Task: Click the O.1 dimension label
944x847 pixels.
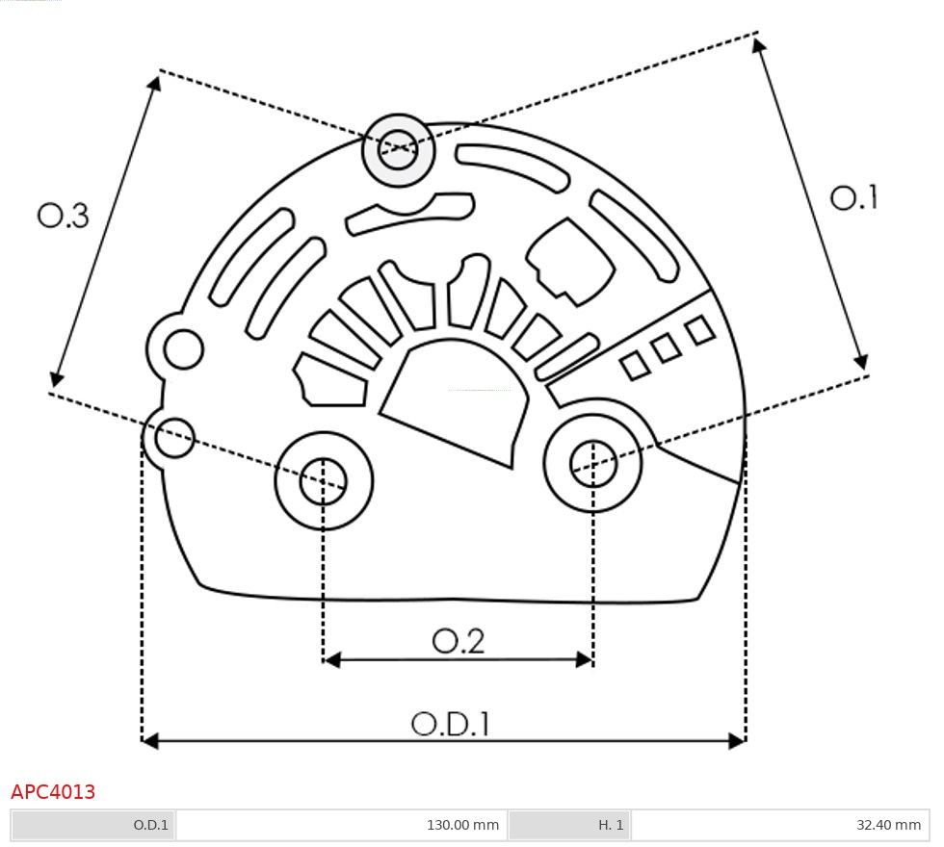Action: click(x=853, y=198)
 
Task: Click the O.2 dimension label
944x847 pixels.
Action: click(x=458, y=641)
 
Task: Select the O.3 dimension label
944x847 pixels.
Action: click(x=64, y=216)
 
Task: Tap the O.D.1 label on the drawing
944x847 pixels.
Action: click(x=451, y=724)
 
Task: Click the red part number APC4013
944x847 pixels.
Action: click(x=53, y=792)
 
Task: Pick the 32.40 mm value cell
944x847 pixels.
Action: click(x=780, y=825)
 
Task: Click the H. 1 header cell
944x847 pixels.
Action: click(x=569, y=825)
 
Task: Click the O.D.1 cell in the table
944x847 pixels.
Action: click(x=93, y=825)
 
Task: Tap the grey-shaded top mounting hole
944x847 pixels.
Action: click(x=398, y=149)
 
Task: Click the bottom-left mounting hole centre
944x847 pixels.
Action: click(x=324, y=480)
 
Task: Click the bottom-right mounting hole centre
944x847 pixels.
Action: click(x=593, y=463)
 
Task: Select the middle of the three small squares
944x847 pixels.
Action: click(x=666, y=348)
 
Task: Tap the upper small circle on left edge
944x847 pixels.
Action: click(x=183, y=348)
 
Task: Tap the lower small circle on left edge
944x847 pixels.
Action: click(x=174, y=439)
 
